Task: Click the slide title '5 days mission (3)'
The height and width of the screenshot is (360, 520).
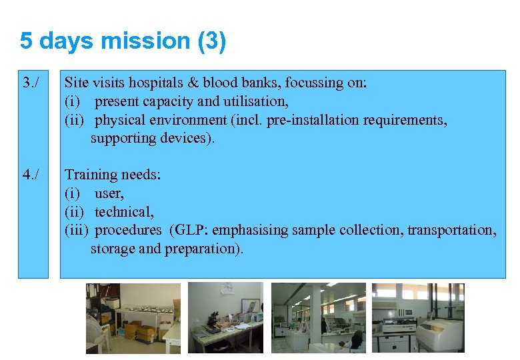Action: click(x=123, y=41)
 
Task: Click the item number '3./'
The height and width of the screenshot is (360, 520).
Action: click(x=31, y=83)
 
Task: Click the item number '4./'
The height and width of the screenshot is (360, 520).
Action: click(x=31, y=175)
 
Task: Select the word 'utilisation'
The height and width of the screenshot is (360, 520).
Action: click(x=253, y=102)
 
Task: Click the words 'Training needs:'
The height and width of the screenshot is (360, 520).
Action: click(x=112, y=175)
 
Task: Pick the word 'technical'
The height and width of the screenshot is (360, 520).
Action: click(x=124, y=212)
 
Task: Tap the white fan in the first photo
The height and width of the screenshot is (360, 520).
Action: click(x=94, y=327)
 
